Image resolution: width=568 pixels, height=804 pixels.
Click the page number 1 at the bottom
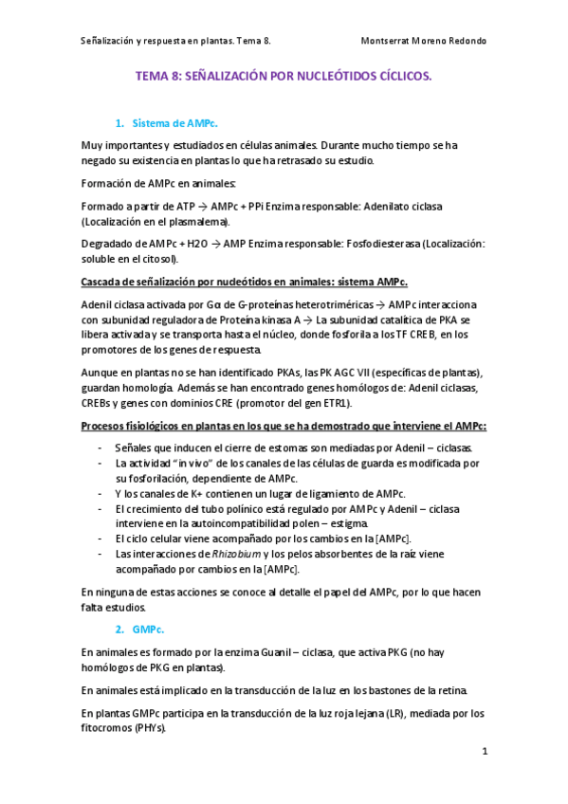pyautogui.click(x=484, y=752)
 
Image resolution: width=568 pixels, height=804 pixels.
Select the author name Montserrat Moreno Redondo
pyautogui.click(x=425, y=41)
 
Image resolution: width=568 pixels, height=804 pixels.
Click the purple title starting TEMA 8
pyautogui.click(x=284, y=83)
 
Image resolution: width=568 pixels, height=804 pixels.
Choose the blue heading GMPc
pyautogui.click(x=149, y=629)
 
